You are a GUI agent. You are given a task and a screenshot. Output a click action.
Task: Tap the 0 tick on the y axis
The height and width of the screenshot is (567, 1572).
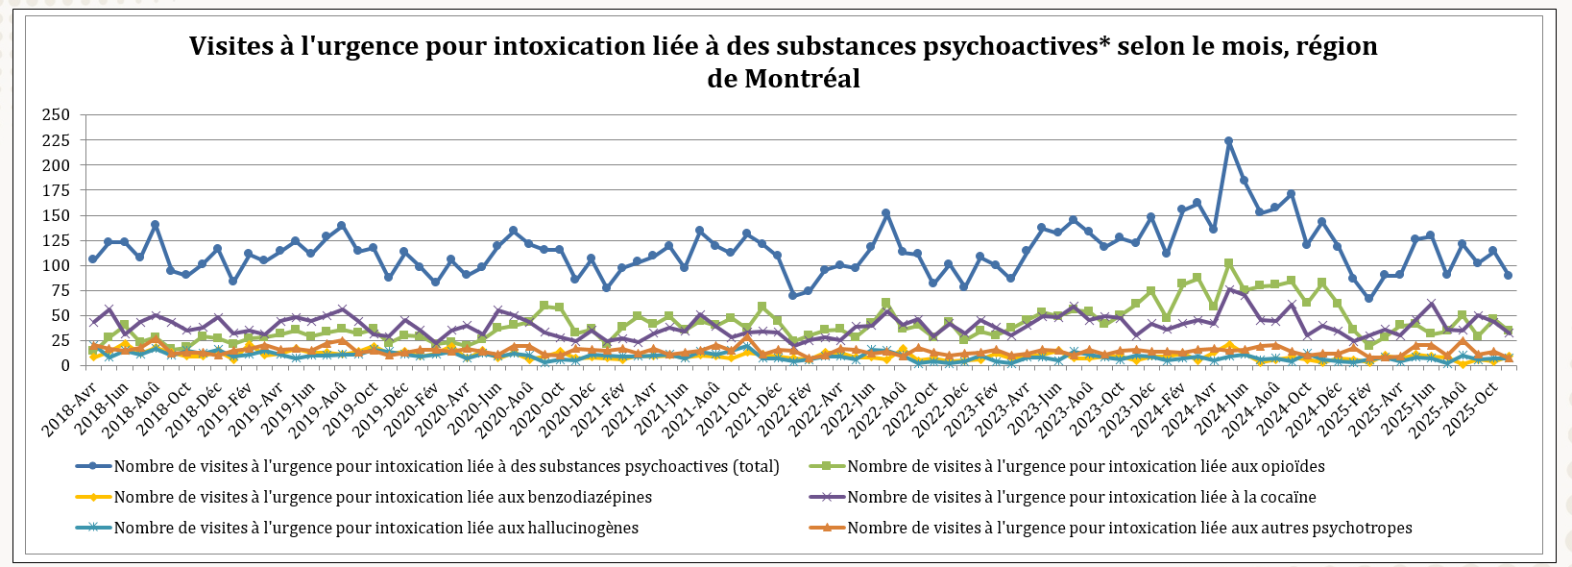pos(65,366)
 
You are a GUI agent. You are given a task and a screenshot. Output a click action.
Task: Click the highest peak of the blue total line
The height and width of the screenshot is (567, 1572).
pos(1228,141)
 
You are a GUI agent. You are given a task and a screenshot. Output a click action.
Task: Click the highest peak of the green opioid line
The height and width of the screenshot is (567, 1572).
pos(1228,263)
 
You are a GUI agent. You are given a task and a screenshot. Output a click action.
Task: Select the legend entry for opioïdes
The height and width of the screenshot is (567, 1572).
pos(1085,467)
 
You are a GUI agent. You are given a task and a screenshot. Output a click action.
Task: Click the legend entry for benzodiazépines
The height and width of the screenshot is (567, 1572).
pos(382,498)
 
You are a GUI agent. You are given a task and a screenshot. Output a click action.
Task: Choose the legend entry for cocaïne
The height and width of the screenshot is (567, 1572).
pos(1081,498)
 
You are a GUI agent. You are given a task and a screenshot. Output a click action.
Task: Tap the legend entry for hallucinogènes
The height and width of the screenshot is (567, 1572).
pos(375,529)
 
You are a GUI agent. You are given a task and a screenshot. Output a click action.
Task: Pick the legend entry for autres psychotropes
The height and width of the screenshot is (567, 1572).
pos(1129,529)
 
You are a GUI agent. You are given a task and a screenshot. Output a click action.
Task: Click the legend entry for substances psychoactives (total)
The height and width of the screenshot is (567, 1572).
pos(446,467)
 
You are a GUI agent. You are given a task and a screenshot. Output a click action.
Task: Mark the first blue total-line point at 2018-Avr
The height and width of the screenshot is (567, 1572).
pos(92,259)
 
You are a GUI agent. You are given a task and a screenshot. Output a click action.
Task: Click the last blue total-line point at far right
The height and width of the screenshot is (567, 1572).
pos(1509,275)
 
